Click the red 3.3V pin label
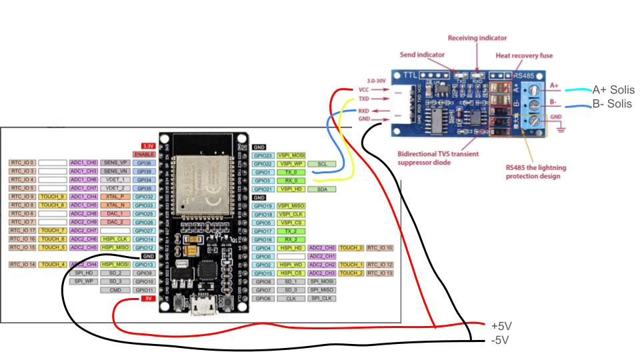[x=146, y=145]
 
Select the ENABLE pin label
[x=144, y=154]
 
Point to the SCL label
[x=322, y=163]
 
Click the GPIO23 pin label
[x=263, y=155]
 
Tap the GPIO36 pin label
[x=144, y=163]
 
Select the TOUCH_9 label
[x=52, y=197]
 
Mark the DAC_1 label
[x=114, y=213]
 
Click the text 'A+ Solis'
[x=613, y=90]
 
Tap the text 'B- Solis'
[x=612, y=104]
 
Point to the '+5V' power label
[x=501, y=326]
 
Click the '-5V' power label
[x=499, y=341]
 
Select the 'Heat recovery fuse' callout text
[x=523, y=55]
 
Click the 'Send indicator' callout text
[x=421, y=54]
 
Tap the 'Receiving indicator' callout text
[x=477, y=39]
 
